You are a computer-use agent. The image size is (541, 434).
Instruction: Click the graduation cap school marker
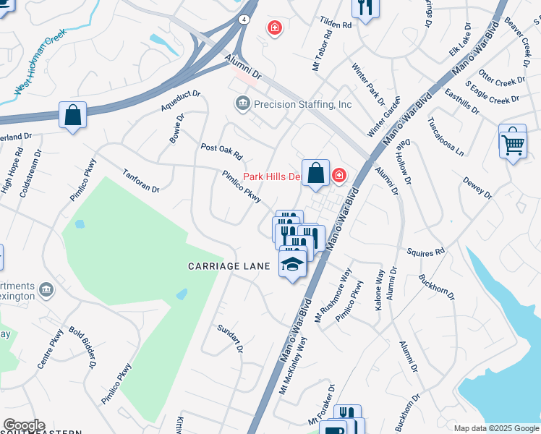coord(292,265)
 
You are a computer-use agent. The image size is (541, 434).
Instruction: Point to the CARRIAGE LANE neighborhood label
coord(229,266)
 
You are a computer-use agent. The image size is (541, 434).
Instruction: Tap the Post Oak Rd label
coord(221,152)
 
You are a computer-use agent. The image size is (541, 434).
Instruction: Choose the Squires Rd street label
coord(426,253)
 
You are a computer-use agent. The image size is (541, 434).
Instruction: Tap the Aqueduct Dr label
coord(180,101)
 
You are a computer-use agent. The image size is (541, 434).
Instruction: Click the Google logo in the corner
coord(23,425)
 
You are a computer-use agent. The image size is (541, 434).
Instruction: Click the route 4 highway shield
coord(246,20)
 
